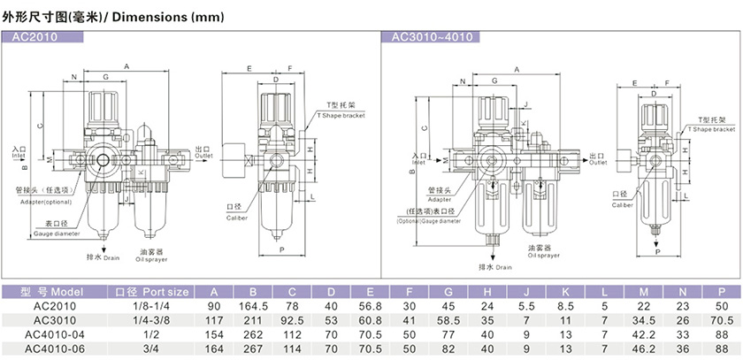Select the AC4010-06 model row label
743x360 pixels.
[x=55, y=349]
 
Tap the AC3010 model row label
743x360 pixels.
[x=55, y=320]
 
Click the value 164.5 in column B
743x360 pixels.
[x=253, y=306]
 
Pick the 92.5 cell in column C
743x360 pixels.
[x=292, y=320]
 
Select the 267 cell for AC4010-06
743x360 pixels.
[x=253, y=349]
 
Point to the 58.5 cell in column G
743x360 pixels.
[x=448, y=320]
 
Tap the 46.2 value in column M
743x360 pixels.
[x=643, y=349]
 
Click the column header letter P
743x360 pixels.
[x=722, y=291]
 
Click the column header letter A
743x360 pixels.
[x=214, y=291]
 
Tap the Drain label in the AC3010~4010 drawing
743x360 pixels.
[x=497, y=266]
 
